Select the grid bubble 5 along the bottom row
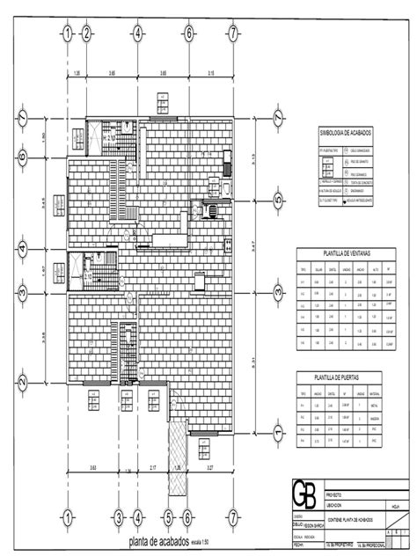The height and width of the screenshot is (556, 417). coord(167,516)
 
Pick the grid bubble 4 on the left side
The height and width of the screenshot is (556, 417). coord(23,244)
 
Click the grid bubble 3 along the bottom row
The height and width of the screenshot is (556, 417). coord(118,516)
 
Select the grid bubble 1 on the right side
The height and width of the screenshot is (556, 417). coord(278,434)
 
